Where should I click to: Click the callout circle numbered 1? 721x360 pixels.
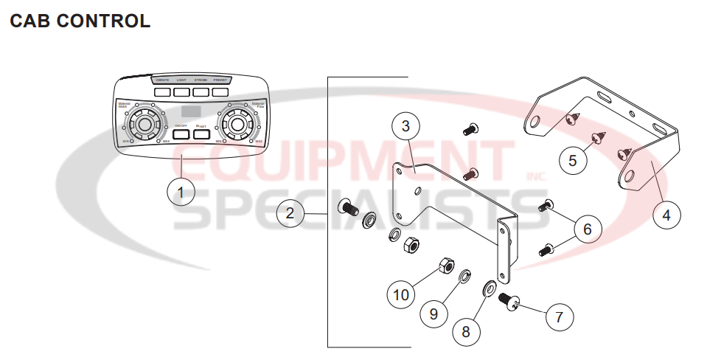pyautogui.click(x=181, y=193)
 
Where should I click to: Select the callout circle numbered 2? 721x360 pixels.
pyautogui.click(x=290, y=214)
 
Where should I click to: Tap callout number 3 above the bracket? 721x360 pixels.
pyautogui.click(x=405, y=125)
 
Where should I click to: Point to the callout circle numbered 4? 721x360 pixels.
pyautogui.click(x=666, y=216)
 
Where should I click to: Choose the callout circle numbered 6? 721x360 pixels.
pyautogui.click(x=587, y=229)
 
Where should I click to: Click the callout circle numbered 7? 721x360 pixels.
pyautogui.click(x=559, y=317)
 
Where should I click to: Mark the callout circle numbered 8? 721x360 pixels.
pyautogui.click(x=465, y=331)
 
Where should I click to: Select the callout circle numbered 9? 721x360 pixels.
pyautogui.click(x=433, y=314)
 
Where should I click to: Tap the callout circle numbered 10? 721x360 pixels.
pyautogui.click(x=401, y=295)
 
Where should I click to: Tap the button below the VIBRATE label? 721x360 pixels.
pyautogui.click(x=163, y=92)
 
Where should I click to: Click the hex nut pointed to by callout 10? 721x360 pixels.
pyautogui.click(x=445, y=264)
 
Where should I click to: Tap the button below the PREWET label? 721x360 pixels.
pyautogui.click(x=220, y=92)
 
